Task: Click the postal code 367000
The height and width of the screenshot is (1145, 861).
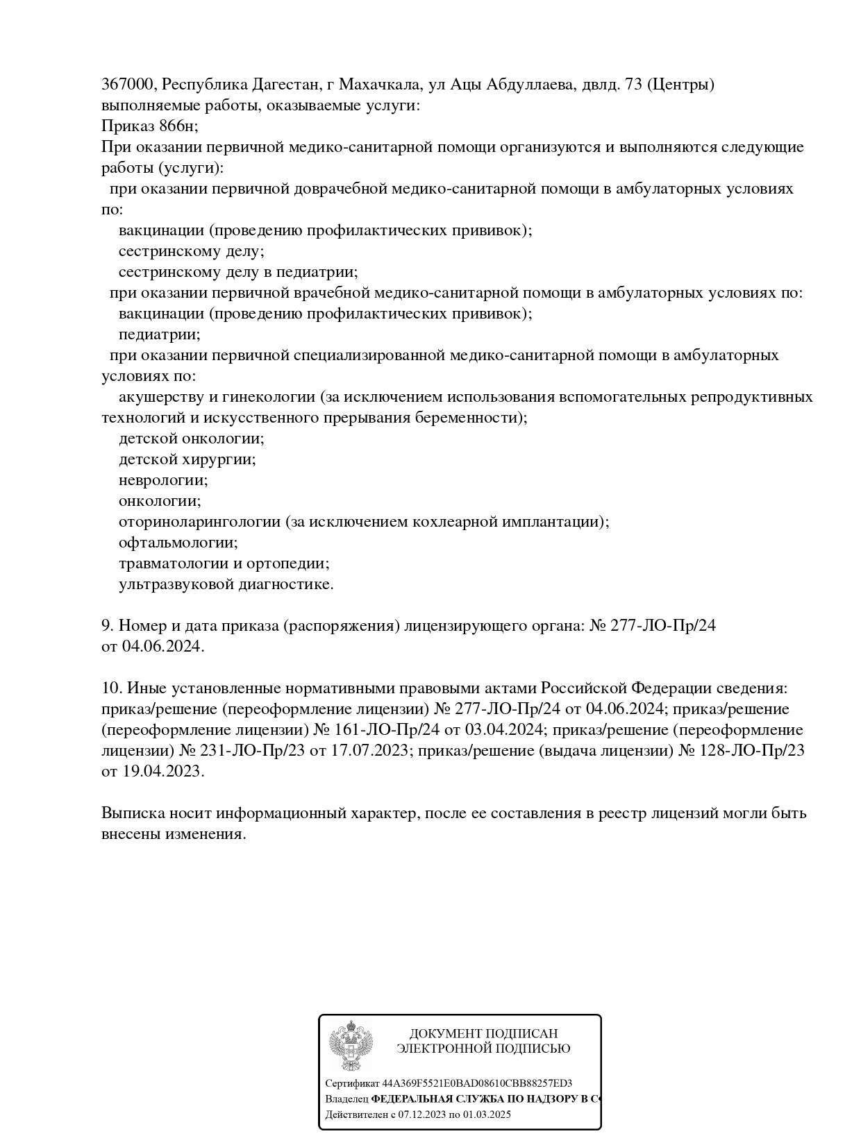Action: point(128,85)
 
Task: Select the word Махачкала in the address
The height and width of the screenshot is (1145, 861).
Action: point(380,85)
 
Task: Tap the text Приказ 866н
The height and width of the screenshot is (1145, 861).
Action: point(149,126)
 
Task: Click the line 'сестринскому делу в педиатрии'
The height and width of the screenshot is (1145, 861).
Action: point(237,272)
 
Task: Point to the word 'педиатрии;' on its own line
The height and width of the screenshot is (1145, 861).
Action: point(159,334)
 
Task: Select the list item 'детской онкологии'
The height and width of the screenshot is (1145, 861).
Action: point(191,439)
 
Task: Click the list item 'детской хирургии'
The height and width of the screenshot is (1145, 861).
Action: point(187,459)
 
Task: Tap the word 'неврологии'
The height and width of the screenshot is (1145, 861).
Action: point(163,480)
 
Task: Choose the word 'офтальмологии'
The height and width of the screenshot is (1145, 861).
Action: point(178,543)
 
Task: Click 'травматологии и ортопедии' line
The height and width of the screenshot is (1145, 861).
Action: point(224,563)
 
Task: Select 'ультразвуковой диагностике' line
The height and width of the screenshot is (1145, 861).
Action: point(226,584)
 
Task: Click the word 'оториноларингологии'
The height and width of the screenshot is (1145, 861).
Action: point(199,522)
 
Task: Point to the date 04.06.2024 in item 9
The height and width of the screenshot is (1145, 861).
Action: point(162,647)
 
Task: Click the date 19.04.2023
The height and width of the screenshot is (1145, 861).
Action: point(162,772)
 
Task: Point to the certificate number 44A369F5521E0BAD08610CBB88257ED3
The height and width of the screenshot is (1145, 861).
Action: point(477,1083)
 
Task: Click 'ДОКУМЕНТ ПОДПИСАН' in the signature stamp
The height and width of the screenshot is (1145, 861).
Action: point(483,1034)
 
